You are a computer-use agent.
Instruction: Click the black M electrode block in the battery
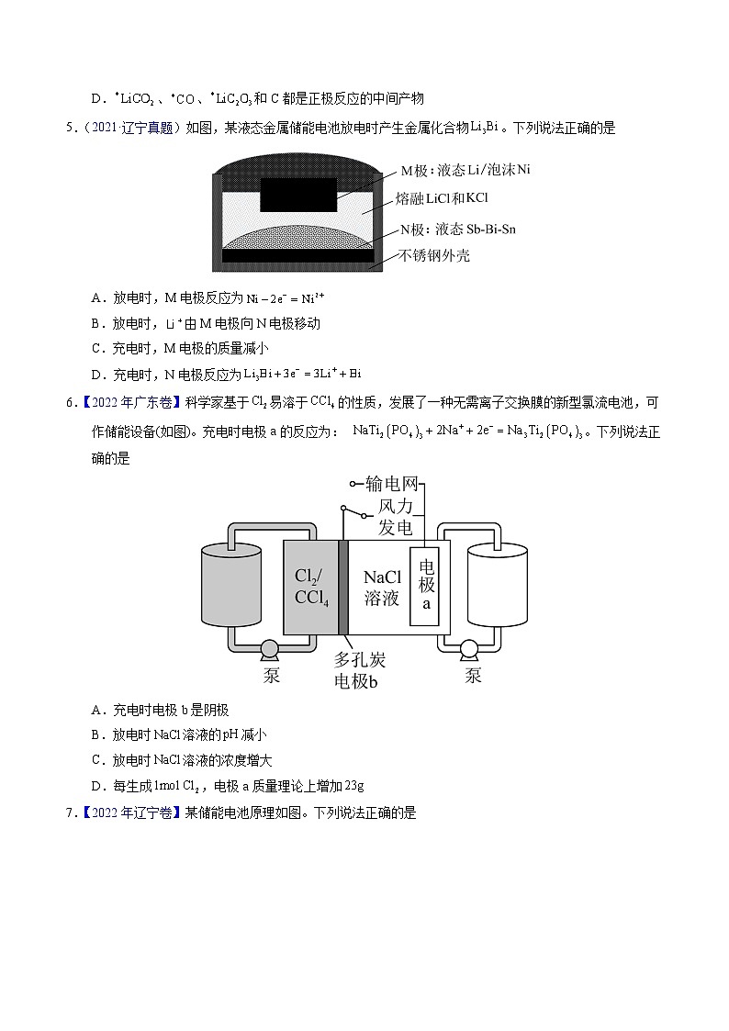tap(298, 195)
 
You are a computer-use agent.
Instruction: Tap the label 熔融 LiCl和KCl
tap(442, 198)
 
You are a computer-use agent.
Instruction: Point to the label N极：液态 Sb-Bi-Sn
tap(457, 229)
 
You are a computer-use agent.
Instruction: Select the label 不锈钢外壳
tap(434, 255)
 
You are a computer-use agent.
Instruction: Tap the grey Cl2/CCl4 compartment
tap(311, 587)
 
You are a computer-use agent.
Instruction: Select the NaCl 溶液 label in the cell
tap(381, 587)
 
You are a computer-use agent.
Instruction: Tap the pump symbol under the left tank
tap(271, 649)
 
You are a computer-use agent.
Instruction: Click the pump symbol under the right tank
tap(470, 649)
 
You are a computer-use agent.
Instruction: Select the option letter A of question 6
tap(97, 710)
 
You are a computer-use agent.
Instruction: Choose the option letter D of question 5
tap(97, 374)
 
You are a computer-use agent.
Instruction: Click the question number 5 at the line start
tap(70, 129)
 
